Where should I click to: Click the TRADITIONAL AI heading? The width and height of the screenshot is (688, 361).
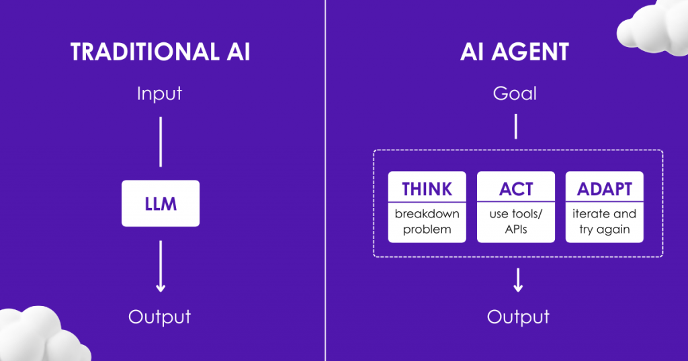[x=160, y=52]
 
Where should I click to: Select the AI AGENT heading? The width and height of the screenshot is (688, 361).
[x=515, y=52]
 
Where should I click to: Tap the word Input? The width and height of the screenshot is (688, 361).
[x=159, y=94]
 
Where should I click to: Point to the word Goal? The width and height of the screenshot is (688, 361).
[x=515, y=93]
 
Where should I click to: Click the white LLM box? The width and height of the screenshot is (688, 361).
[x=161, y=203]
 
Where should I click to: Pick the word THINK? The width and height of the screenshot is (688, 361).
[x=427, y=189]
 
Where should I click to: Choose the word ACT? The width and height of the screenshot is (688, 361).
[x=516, y=189]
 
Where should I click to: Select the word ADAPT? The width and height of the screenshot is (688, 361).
[x=605, y=189]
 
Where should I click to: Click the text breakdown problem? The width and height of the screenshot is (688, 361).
[x=427, y=221]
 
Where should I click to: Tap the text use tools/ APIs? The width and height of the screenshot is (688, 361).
[x=516, y=221]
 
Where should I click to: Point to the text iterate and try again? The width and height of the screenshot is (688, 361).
[x=604, y=221]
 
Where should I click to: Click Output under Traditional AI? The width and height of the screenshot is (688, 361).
[x=160, y=317]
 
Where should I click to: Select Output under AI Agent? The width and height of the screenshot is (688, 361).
[x=518, y=317]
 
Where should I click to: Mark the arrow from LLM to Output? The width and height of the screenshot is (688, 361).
[x=161, y=266]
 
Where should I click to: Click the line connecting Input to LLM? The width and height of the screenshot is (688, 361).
[x=161, y=142]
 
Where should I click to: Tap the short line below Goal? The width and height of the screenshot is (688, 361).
[x=515, y=127]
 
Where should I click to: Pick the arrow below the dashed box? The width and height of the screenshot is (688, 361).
[x=518, y=280]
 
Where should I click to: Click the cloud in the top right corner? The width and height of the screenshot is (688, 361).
[x=654, y=27]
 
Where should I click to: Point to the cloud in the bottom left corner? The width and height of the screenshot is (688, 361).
[x=42, y=335]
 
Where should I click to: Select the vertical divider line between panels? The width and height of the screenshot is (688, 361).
[x=325, y=180]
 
